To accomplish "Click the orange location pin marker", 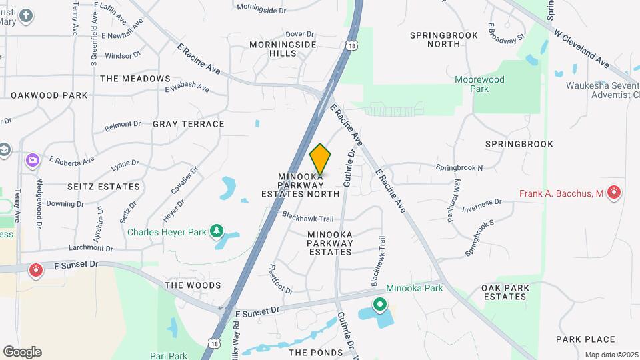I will [320, 160].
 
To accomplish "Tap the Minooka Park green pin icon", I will [380, 305].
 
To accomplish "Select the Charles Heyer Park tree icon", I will [216, 231].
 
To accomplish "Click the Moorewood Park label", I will [479, 84].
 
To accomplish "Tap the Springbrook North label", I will [444, 39].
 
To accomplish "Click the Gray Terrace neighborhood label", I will [189, 124].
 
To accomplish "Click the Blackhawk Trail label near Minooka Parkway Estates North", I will [307, 217].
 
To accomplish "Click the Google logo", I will [22, 351].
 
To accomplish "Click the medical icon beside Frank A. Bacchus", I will [614, 193].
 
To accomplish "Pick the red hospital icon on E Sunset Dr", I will [35, 271].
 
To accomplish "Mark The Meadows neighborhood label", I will [135, 79].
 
